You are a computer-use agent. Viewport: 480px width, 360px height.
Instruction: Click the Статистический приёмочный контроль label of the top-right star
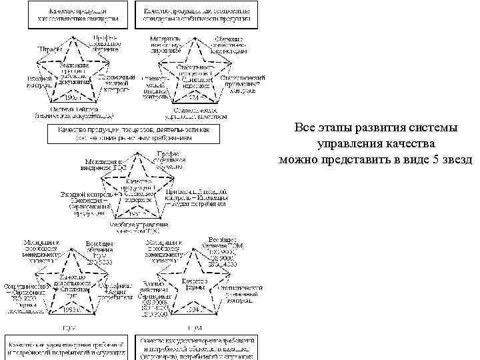243,81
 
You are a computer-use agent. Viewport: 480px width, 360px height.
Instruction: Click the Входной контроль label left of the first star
39,81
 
